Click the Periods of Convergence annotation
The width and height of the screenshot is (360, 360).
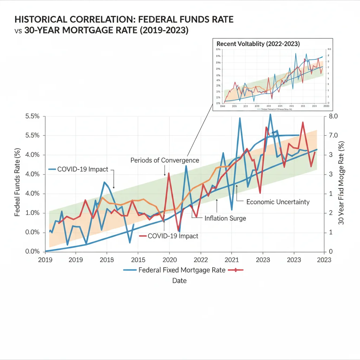[165, 160]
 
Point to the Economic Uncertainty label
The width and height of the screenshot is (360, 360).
[278, 202]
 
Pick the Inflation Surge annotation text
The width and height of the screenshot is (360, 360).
[225, 218]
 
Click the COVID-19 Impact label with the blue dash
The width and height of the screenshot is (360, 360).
[83, 169]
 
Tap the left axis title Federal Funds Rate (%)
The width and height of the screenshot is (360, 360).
[17, 183]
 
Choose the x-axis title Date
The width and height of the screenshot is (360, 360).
[179, 281]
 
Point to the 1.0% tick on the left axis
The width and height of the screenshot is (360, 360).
[32, 213]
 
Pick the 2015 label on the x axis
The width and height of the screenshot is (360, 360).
[138, 260]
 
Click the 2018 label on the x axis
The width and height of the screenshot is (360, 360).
[107, 260]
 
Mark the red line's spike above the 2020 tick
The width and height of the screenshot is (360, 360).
[169, 173]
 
